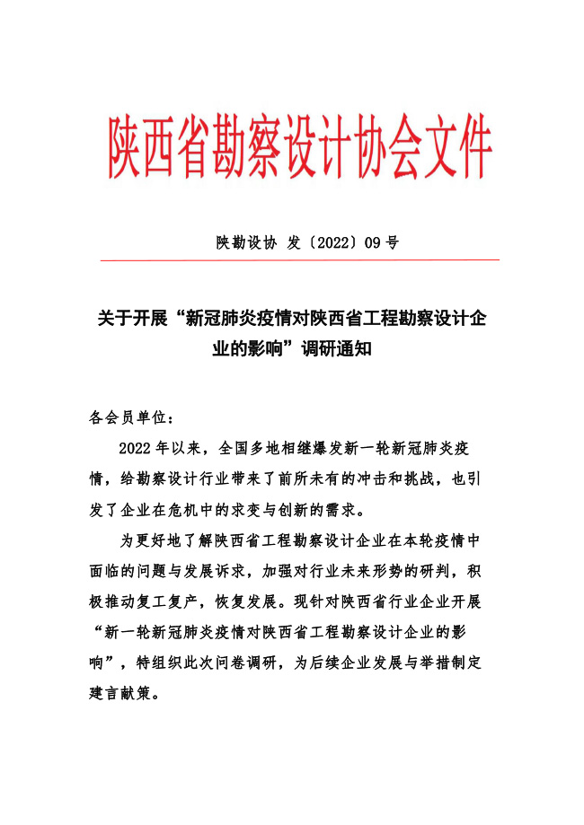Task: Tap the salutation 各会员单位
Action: tap(121, 417)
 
